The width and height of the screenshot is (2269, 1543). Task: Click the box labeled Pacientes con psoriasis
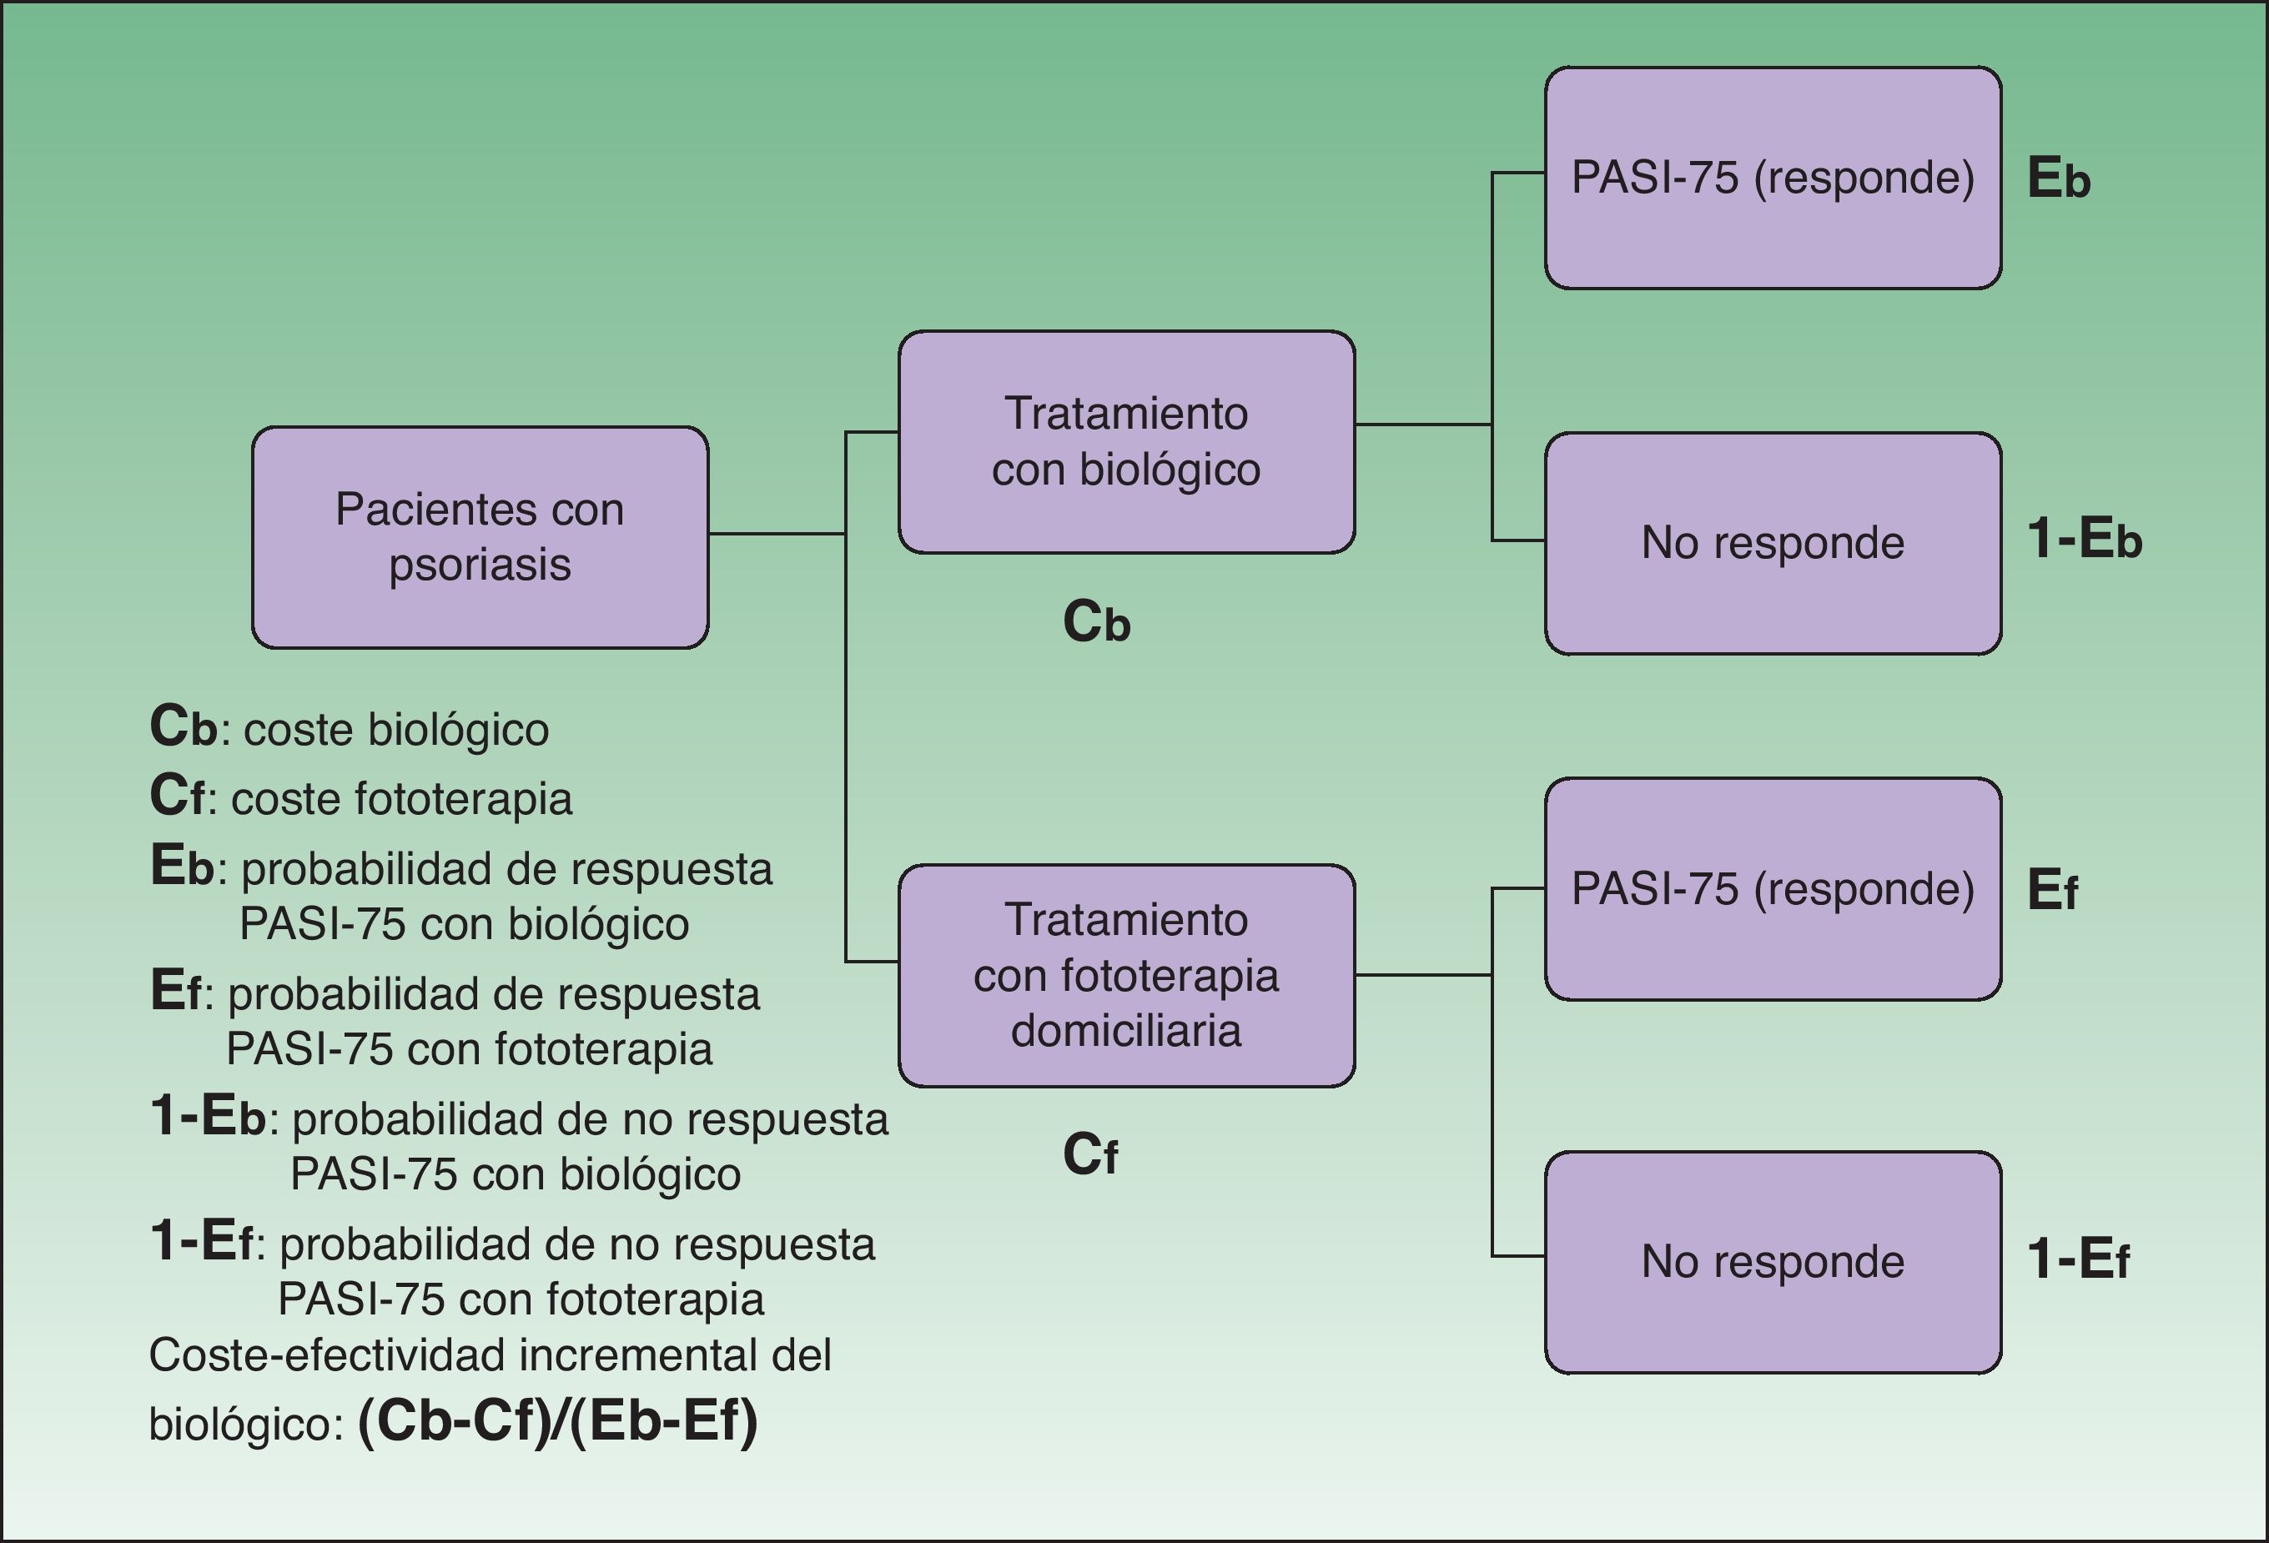[480, 537]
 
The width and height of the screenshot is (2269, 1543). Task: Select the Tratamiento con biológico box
[1125, 441]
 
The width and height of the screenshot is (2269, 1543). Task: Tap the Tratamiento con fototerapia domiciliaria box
[1125, 975]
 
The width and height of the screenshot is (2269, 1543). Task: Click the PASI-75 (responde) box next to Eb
[1772, 178]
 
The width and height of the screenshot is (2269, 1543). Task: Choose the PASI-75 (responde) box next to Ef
[1772, 889]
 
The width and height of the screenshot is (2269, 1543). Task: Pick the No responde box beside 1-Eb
[1772, 544]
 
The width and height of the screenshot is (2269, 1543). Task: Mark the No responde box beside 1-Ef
[1772, 1262]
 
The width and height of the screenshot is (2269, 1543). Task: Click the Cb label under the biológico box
[1095, 621]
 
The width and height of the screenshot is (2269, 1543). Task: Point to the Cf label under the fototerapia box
[1089, 1154]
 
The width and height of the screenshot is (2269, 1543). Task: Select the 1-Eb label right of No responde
[2084, 539]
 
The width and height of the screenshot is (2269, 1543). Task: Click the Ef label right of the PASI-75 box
[2051, 890]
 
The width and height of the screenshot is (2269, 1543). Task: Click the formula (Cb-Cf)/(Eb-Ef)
[557, 1421]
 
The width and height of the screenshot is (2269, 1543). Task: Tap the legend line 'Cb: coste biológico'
[349, 729]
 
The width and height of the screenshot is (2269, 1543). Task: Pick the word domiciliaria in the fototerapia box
[1125, 1031]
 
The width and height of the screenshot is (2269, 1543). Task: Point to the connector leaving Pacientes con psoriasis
[776, 534]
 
